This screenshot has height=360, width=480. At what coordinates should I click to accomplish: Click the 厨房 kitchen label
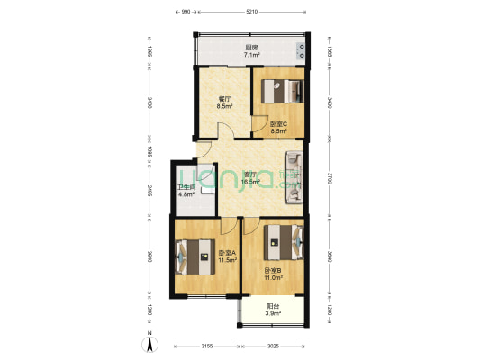[x=252, y=48]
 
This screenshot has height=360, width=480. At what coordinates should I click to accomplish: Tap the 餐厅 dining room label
[x=225, y=100]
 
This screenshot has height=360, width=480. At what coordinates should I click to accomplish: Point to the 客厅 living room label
[x=249, y=175]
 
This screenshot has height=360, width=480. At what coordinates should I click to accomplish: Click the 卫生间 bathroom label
[x=186, y=188]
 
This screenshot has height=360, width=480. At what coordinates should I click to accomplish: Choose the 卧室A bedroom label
[x=226, y=254]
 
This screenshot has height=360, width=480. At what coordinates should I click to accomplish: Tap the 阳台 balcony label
[x=273, y=306]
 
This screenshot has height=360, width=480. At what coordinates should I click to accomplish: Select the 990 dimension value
[x=186, y=13]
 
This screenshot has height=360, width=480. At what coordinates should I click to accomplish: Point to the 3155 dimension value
[x=206, y=345]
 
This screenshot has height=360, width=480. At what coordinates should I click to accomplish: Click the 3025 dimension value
[x=273, y=345]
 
